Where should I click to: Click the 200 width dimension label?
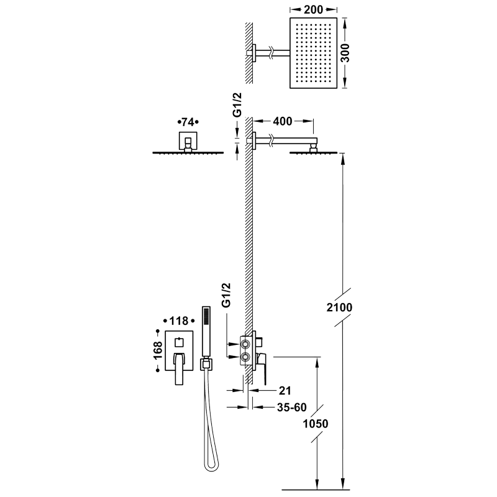pos(313,10)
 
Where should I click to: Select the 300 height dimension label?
pos(346,53)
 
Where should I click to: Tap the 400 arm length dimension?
pos(283,121)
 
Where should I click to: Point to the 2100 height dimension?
pos(339,307)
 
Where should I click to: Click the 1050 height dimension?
pos(316,424)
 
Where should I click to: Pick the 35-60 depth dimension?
pos(291,407)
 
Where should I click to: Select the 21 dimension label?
pos(285,391)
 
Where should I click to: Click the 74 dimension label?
pos(188,122)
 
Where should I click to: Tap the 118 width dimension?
pos(179,321)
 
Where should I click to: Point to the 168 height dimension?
pos(158,350)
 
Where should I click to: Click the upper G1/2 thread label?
pos(237,104)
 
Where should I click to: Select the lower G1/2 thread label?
pos(226,295)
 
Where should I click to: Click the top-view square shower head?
pos(313,53)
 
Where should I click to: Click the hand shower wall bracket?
pos(206,364)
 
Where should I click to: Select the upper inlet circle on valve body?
pos(245,344)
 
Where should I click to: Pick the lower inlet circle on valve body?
pos(245,357)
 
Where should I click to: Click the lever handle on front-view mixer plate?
pos(179,368)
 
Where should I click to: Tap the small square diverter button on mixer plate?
pos(179,343)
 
